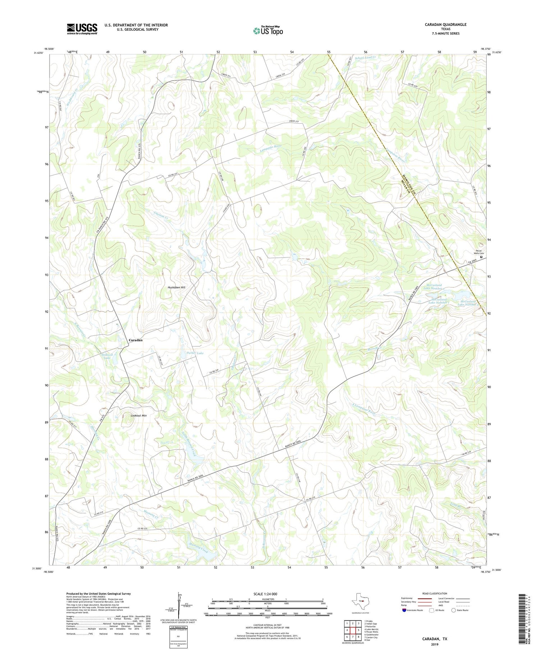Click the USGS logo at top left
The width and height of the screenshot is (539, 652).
[x=82, y=29]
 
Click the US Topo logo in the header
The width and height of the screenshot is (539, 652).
[x=268, y=31]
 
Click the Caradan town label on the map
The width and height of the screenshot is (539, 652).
[x=136, y=340]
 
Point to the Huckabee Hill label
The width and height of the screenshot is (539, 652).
[x=176, y=287]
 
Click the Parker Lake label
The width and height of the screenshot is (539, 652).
[x=195, y=353]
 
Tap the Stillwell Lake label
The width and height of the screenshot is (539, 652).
[x=107, y=356]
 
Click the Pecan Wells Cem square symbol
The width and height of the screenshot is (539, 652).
[x=481, y=257]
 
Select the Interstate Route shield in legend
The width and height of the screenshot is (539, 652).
[x=405, y=610]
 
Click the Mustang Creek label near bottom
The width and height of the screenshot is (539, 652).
[x=198, y=546]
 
